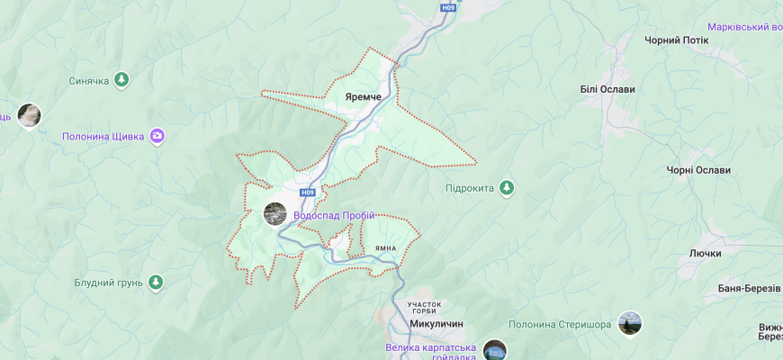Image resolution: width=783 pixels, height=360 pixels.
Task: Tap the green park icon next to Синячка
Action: pos(121,80)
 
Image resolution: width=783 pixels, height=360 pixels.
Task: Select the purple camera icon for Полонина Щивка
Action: pos(157,136)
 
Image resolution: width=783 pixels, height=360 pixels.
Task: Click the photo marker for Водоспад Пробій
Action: pos(274,214)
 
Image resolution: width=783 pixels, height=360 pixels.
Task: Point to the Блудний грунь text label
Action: pos(108,283)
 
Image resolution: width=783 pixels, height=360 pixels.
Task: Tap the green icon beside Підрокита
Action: pos(507,187)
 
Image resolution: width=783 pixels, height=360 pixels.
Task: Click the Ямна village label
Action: pos(386,248)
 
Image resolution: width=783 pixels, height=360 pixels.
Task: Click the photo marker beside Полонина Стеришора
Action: pos(630,324)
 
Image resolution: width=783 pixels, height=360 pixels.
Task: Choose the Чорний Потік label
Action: pos(677,40)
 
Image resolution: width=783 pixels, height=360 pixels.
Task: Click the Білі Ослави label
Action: pos(607,89)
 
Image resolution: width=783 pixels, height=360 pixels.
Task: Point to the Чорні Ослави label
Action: pos(698,170)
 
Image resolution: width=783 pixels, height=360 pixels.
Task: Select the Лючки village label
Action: pos(706,254)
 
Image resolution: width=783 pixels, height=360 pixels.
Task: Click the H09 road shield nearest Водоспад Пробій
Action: pos(309,193)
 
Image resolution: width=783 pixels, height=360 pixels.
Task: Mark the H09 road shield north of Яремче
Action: pos(448,7)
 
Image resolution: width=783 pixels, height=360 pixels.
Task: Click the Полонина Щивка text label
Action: pos(103,137)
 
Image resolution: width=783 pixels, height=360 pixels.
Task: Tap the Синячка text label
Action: pos(88,81)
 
